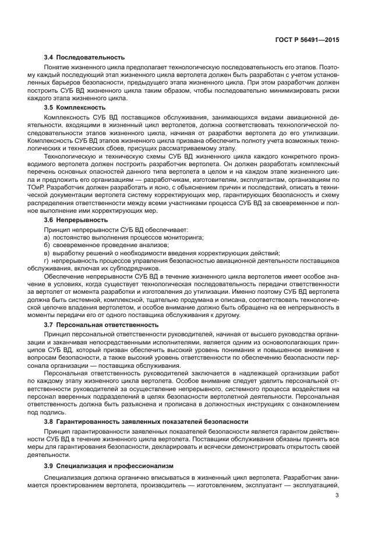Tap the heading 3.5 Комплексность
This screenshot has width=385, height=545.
coord(75,107)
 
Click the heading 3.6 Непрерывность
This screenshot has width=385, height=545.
coord(76,220)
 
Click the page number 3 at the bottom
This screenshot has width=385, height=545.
coord(337,497)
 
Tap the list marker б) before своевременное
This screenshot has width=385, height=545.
coord(47,245)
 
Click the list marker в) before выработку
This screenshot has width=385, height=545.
coord(47,253)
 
